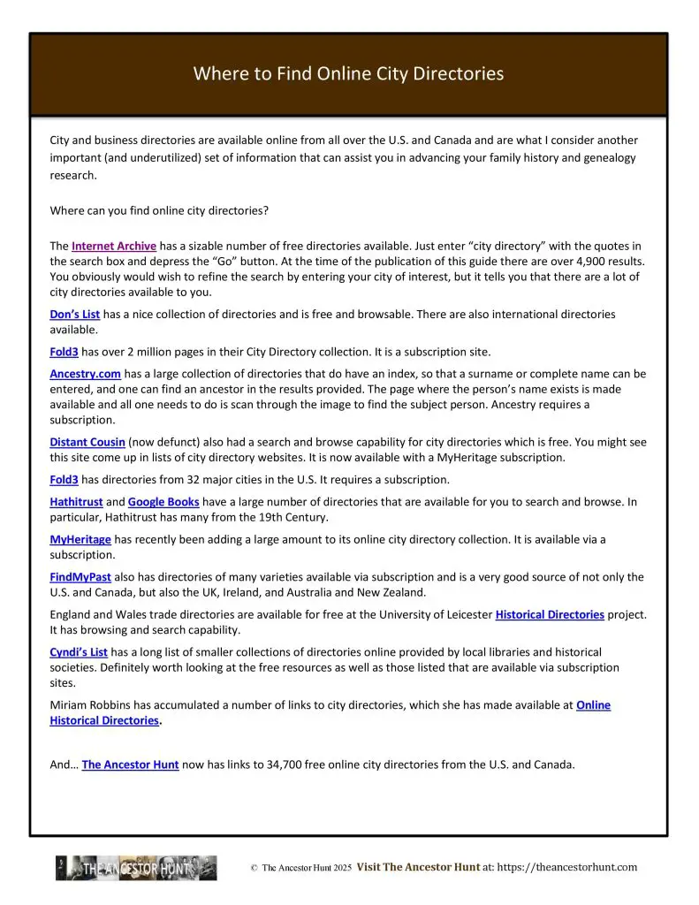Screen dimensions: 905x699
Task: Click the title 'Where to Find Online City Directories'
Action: coord(348,73)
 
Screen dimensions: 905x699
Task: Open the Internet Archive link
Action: coord(114,246)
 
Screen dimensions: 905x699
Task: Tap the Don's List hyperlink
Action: coord(75,314)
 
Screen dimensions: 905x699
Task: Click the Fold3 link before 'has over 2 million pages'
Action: coord(64,352)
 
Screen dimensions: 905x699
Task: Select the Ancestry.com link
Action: coord(85,374)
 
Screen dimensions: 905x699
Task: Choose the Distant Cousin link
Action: coord(87,442)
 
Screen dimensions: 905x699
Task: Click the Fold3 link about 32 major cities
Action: coord(64,480)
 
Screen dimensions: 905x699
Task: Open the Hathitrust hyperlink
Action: coord(76,502)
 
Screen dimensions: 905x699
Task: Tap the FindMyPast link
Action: coord(80,577)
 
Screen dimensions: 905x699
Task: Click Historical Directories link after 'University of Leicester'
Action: coord(550,614)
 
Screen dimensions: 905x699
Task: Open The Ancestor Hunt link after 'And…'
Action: coord(131,765)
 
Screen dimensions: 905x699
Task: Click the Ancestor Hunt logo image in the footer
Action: coord(136,868)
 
